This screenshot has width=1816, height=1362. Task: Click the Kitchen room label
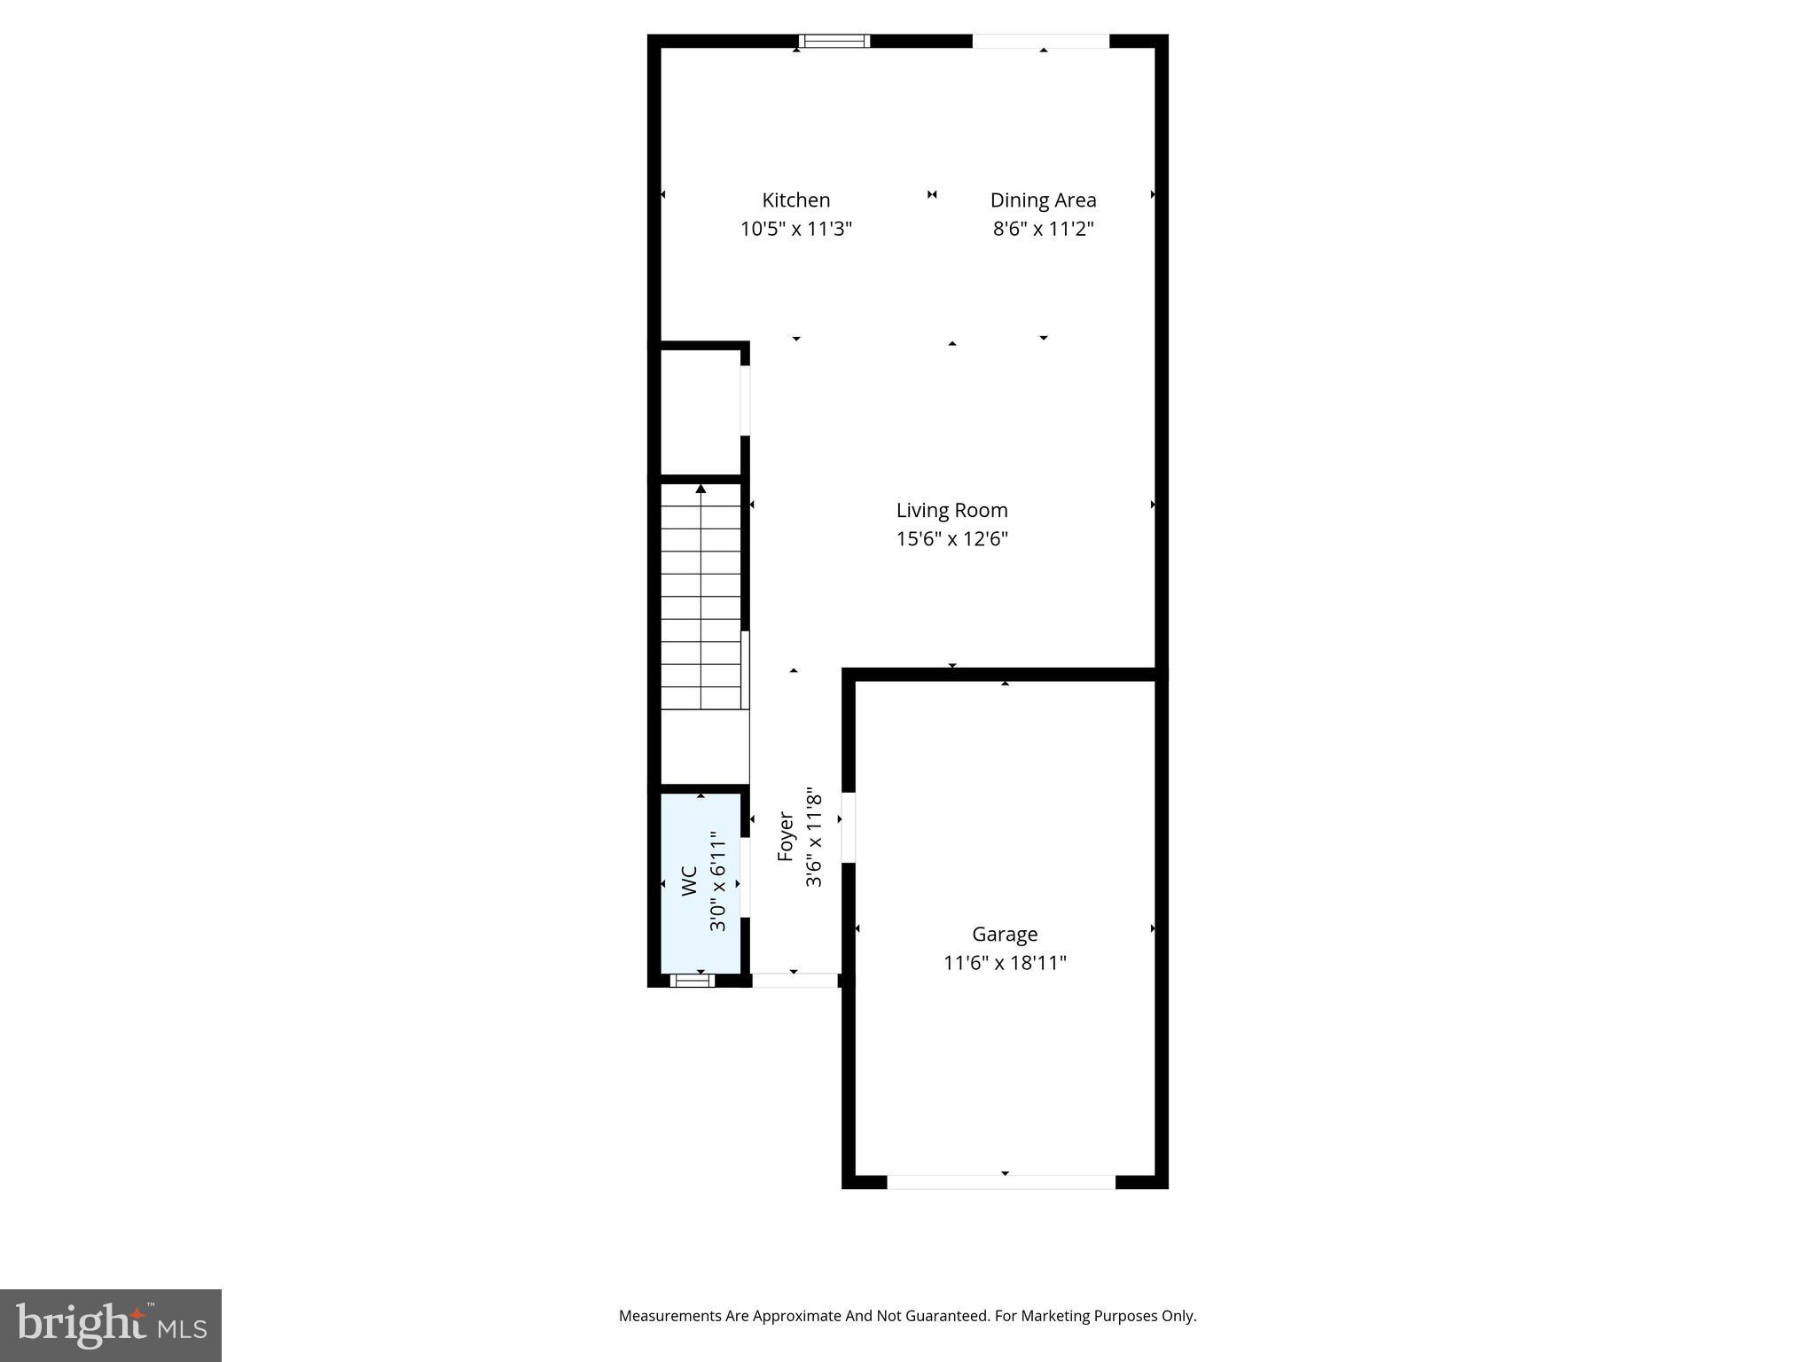point(795,200)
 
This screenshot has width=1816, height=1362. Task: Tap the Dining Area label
point(1043,200)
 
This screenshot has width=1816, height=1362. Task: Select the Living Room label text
point(951,511)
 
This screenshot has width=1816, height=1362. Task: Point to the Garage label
point(1005,934)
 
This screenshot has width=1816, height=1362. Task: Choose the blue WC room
point(701,922)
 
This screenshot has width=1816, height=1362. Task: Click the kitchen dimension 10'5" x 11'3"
point(795,229)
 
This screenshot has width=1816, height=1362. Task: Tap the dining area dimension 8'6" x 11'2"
point(1043,229)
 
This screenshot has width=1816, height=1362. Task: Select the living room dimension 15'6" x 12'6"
point(951,539)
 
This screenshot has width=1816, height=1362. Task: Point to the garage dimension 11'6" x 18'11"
point(1005,963)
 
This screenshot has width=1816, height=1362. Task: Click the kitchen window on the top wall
point(834,41)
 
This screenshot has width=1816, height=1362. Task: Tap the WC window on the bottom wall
point(692,980)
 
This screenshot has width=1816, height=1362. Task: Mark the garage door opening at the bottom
point(1001,1181)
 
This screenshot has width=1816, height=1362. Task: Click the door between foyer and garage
point(848,827)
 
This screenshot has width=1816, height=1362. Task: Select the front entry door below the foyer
point(794,980)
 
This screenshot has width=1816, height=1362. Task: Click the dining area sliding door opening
point(1040,42)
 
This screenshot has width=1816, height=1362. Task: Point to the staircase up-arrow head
point(701,489)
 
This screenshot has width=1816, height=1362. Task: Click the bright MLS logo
point(111,1325)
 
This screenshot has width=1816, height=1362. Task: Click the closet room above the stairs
point(701,412)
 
